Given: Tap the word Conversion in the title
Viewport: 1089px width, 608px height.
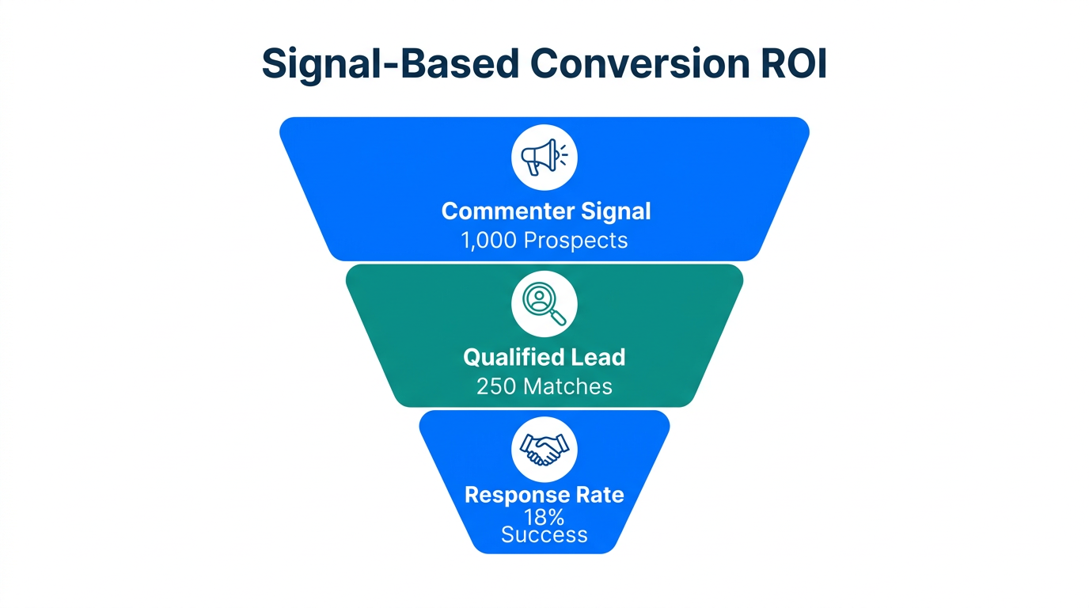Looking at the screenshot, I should click(x=638, y=64).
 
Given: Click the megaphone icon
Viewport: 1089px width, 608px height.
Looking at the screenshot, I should click(x=542, y=157).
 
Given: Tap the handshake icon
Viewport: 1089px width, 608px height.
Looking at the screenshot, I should click(x=544, y=449).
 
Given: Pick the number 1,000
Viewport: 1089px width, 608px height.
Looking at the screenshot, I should click(x=489, y=241).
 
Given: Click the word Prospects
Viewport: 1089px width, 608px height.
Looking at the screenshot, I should click(x=575, y=241).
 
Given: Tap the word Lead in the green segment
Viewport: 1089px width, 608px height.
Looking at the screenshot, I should click(x=600, y=357).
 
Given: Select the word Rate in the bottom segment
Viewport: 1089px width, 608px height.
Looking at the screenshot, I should click(x=599, y=495).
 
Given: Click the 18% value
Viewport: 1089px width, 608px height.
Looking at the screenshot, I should click(x=544, y=517).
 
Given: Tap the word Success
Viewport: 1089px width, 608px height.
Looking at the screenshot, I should click(x=544, y=535).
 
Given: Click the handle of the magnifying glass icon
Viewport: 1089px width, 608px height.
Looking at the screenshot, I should click(x=559, y=317).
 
